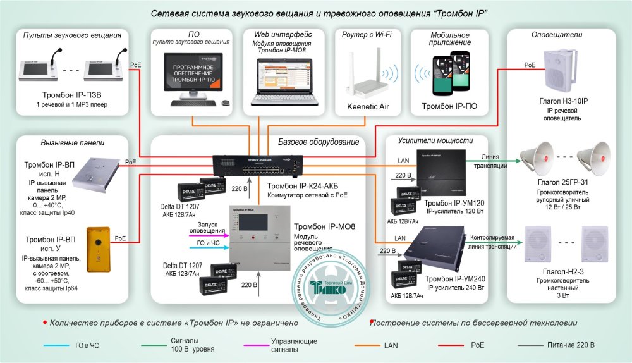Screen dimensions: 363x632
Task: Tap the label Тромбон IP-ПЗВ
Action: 70,95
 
